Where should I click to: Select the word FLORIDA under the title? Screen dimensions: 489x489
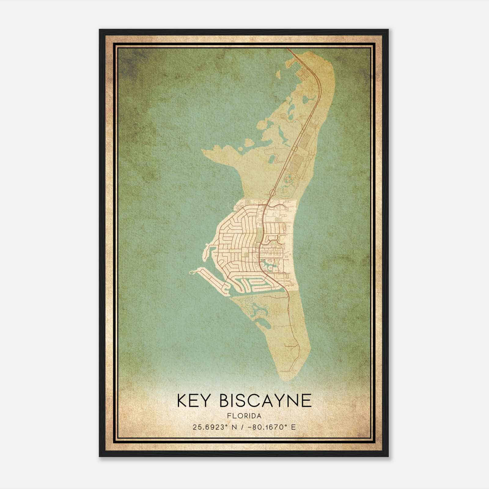pyautogui.click(x=244, y=416)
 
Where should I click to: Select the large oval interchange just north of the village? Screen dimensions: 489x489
pyautogui.click(x=272, y=192)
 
